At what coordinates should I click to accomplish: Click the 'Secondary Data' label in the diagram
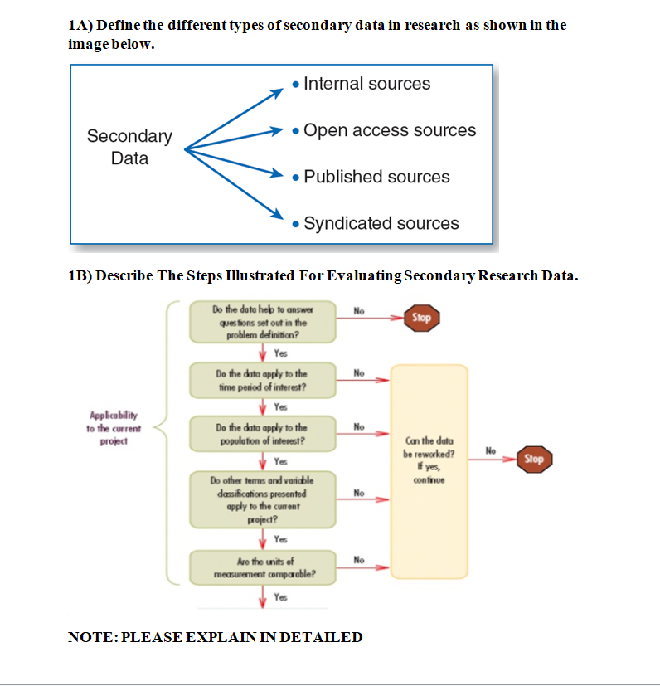(x=129, y=147)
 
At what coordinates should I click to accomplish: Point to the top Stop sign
(x=422, y=317)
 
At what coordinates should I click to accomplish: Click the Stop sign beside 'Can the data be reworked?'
(x=534, y=459)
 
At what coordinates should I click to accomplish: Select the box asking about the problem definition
(x=262, y=322)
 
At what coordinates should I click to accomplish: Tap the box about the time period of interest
(x=262, y=380)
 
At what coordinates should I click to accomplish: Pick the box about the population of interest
(x=262, y=434)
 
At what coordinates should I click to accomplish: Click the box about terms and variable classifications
(x=262, y=499)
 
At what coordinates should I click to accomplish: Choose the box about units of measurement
(x=262, y=567)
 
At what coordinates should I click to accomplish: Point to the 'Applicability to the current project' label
(x=114, y=429)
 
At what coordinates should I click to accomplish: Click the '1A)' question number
(x=81, y=25)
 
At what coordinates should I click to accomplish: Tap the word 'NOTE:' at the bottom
(x=92, y=637)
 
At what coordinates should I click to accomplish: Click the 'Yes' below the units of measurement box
(x=280, y=597)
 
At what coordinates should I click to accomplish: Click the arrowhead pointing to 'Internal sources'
(x=279, y=90)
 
